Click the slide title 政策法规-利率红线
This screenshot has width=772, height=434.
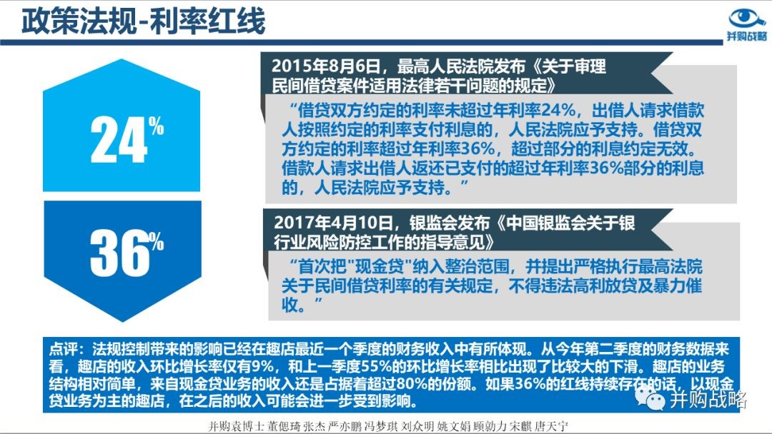coord(143,21)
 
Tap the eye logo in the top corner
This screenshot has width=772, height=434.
coord(747,19)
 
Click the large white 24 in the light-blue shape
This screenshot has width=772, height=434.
coord(119,140)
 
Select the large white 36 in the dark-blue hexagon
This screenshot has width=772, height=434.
coord(119,253)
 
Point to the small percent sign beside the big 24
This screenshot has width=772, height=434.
coord(157,126)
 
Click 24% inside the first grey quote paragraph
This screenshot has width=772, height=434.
coord(558,110)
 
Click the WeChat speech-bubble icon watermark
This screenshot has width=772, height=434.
coord(649,398)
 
